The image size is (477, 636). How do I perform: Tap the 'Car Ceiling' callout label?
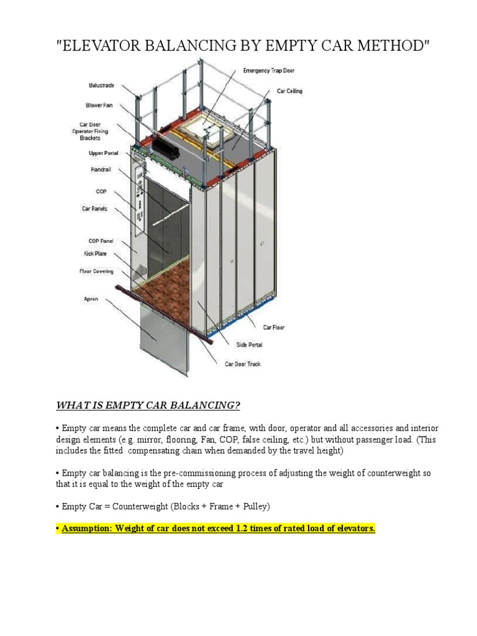(x=289, y=91)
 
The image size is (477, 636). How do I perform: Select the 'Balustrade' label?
(x=101, y=85)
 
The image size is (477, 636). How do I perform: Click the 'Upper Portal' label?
(x=103, y=153)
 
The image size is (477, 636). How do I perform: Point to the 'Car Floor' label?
(x=274, y=327)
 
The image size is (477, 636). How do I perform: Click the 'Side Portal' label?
(x=249, y=344)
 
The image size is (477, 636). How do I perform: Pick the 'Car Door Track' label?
(x=243, y=364)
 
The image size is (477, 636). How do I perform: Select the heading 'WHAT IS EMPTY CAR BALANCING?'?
(x=148, y=406)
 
